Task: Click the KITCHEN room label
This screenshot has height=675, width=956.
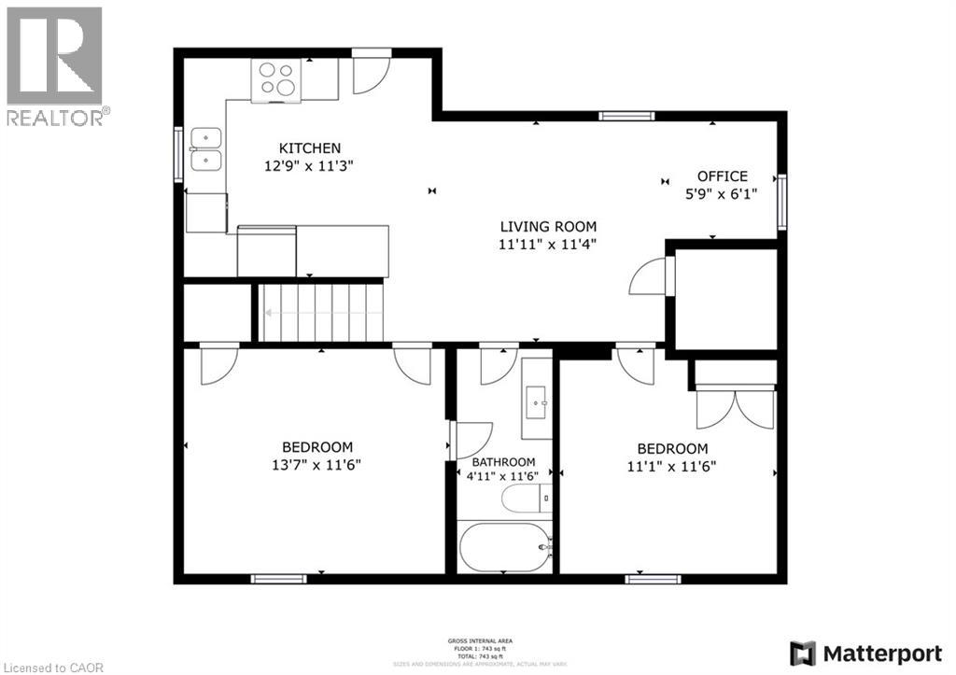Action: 310,148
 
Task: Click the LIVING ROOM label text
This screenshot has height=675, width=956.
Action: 548,226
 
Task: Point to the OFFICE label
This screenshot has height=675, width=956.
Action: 723,176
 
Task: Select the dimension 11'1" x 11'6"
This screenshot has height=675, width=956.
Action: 672,465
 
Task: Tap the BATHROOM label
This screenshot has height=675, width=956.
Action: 503,462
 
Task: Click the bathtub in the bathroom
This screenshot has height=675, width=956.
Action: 505,547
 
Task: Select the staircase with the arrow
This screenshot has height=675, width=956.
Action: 321,313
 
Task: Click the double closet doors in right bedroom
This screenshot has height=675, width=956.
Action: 736,408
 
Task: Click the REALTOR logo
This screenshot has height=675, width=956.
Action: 55,65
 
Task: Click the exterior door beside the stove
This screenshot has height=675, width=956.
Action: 371,72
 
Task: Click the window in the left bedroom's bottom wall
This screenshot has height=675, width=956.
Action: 278,579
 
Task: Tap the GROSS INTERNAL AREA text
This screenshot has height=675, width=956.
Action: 479,640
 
